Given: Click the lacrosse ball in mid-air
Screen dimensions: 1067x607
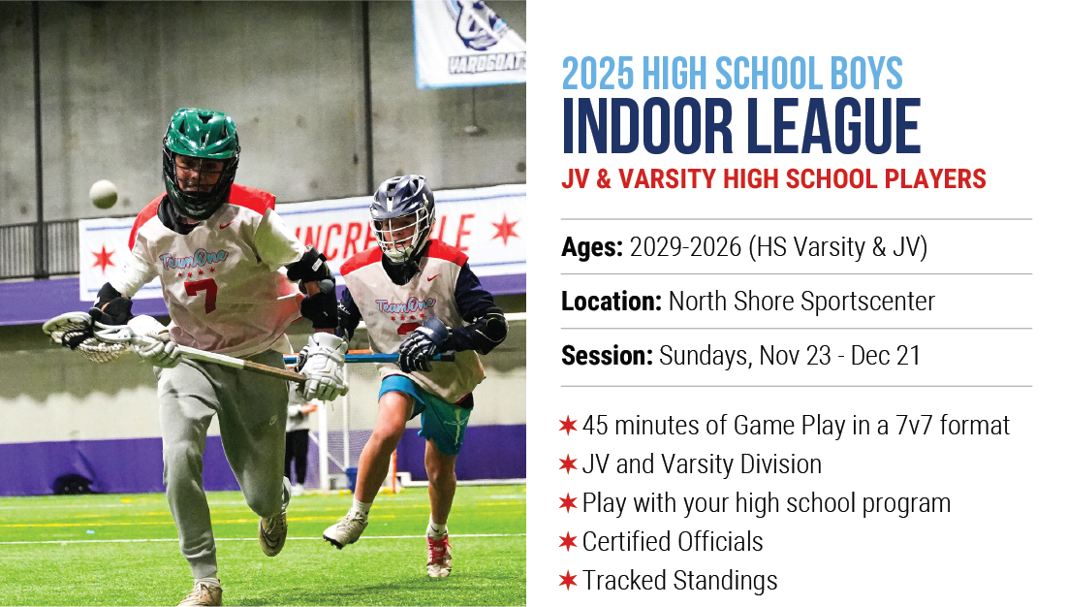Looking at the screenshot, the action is [x=104, y=194].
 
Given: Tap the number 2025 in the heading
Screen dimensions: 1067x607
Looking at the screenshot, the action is [x=598, y=74].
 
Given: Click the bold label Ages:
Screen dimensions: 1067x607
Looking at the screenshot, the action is [x=592, y=247].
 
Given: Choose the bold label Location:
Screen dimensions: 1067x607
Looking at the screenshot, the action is [x=612, y=302].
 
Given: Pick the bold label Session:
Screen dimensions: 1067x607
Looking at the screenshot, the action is [x=607, y=356].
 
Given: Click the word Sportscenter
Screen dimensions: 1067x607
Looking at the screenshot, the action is [x=868, y=302].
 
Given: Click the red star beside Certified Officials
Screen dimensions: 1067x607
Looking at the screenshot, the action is [x=568, y=542].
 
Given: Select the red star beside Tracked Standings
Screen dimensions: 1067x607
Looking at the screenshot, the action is [x=568, y=581].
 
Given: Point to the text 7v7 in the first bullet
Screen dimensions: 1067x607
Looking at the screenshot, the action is [x=914, y=426].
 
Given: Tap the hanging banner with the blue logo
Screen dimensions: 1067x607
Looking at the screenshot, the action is [x=469, y=43].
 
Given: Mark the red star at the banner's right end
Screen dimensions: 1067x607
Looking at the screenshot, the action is [x=505, y=230].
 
